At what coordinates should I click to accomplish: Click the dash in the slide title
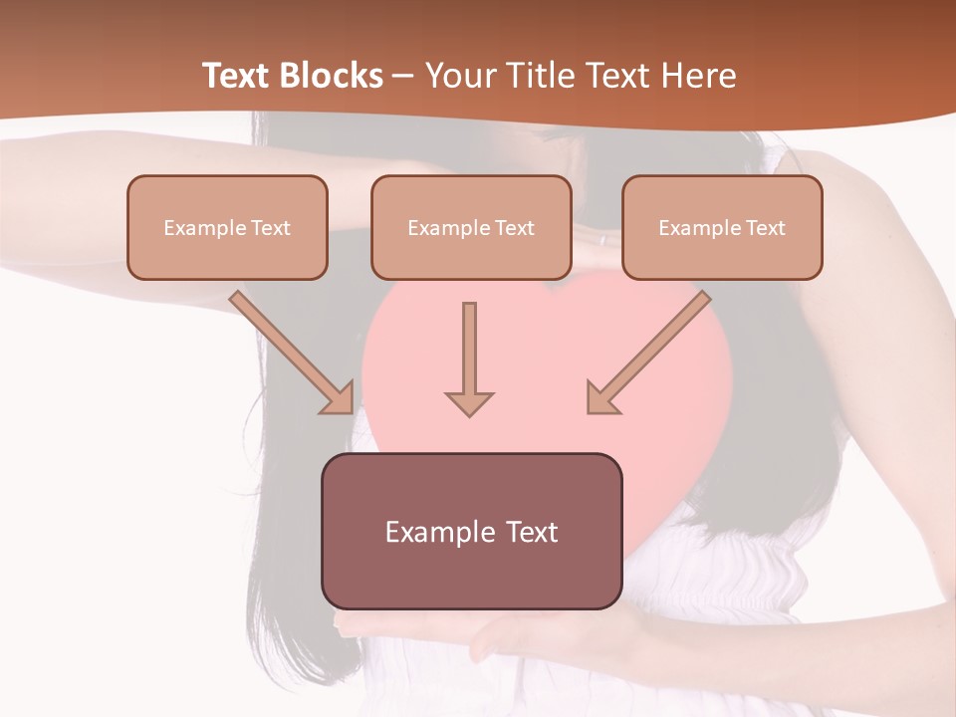403,77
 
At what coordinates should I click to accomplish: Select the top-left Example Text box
227,227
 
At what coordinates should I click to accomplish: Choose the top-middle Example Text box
471,227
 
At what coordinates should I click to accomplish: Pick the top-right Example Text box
722,227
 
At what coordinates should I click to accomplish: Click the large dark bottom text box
471,531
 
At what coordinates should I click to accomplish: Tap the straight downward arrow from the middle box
469,354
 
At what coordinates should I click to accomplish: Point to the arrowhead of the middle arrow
469,403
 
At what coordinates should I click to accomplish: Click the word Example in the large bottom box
439,532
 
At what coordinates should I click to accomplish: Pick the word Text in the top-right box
765,228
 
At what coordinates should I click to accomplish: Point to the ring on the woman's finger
601,240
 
